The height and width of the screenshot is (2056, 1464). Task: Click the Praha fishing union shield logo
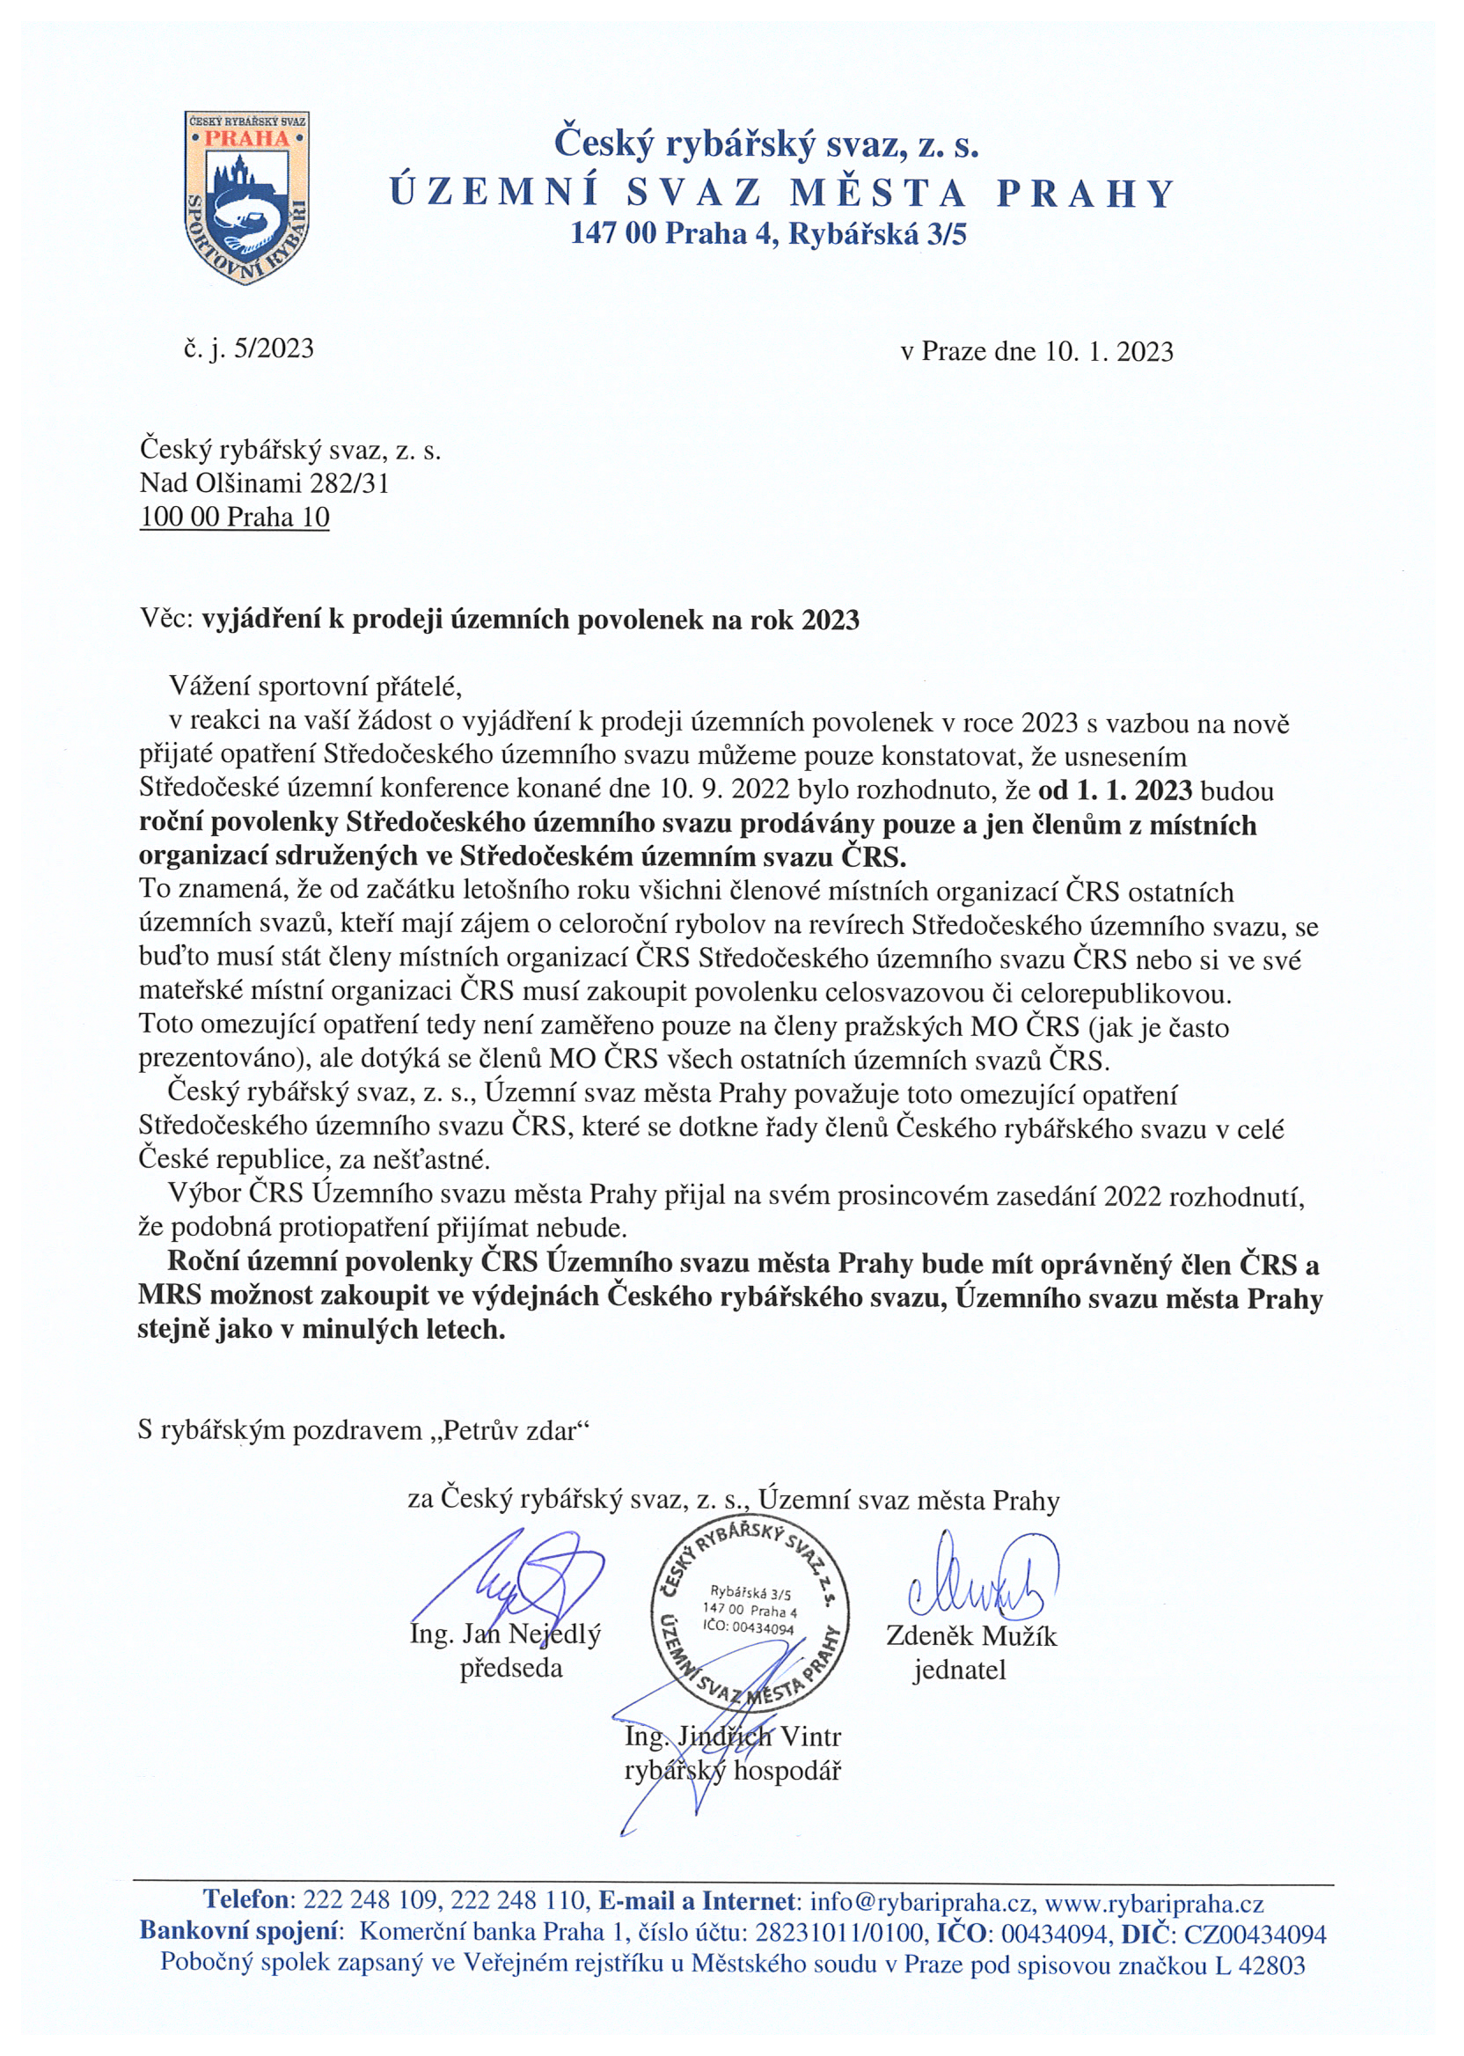(x=246, y=196)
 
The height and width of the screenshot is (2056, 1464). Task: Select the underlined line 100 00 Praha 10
(x=234, y=518)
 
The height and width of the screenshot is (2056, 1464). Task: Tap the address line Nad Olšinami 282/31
(x=264, y=484)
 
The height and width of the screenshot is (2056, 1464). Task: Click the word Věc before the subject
(x=166, y=620)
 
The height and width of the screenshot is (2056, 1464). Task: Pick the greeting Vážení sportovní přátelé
(x=315, y=687)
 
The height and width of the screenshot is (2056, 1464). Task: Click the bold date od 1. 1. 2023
(x=1115, y=791)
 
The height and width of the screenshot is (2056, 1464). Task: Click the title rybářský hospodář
(x=732, y=1771)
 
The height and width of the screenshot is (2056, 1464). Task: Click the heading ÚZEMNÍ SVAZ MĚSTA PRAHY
(x=780, y=194)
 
